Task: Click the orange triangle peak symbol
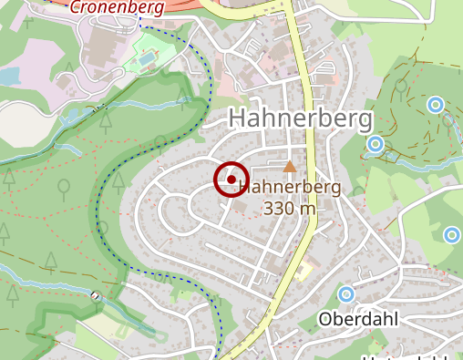[x=290, y=166]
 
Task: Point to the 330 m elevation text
[x=289, y=208]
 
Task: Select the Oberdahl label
[x=360, y=319]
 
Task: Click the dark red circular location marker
[x=231, y=180]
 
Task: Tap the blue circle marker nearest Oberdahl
[x=345, y=294]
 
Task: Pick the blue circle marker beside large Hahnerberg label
[x=375, y=143]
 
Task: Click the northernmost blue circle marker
[x=436, y=105]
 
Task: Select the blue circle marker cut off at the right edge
[x=453, y=235]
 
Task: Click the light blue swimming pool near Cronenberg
[x=147, y=58]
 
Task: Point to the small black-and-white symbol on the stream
[x=96, y=295]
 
